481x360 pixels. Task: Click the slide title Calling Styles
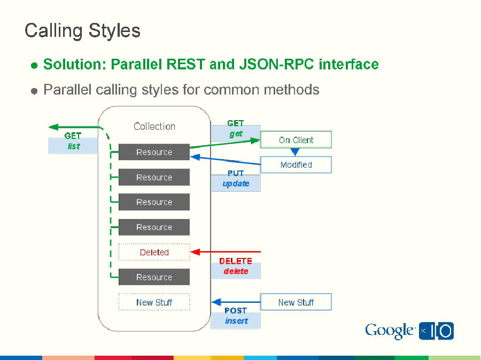point(82,30)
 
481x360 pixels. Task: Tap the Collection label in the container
point(154,127)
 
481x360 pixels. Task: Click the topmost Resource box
point(154,152)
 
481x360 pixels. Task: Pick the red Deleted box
point(154,252)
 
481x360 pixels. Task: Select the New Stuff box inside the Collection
point(154,302)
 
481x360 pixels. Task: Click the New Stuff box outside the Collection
point(296,302)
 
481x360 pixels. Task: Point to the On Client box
point(296,140)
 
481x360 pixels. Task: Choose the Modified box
point(296,165)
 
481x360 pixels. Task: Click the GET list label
point(73,141)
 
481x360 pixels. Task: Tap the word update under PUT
point(236,183)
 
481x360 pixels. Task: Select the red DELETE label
point(235,261)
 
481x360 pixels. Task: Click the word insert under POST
point(236,321)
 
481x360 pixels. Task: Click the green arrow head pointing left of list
point(53,127)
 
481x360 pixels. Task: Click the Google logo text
point(389,331)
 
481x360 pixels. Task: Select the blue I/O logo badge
point(436,331)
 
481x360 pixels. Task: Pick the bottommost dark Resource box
point(154,277)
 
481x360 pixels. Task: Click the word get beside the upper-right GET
point(236,134)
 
